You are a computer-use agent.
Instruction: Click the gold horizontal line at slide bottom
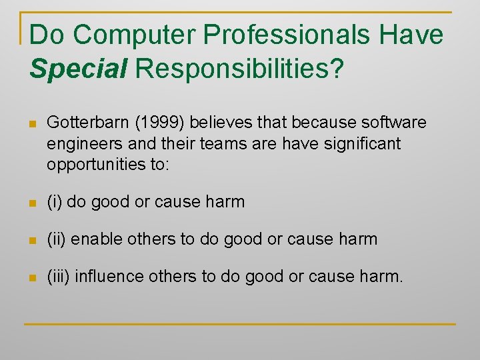[240, 324]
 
